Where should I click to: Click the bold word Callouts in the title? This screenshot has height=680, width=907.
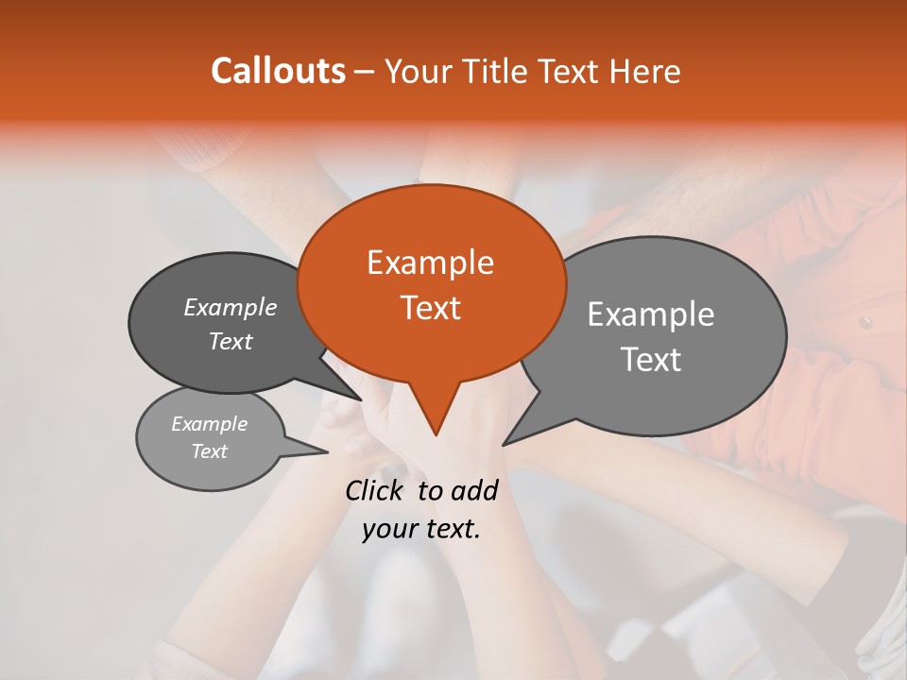278,71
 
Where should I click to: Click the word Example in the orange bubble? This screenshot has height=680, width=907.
430,263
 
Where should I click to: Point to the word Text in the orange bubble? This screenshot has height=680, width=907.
430,308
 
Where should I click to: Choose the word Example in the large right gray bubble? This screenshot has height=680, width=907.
651,314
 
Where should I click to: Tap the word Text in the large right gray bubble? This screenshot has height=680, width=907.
651,360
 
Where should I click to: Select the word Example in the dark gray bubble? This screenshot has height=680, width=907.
231,307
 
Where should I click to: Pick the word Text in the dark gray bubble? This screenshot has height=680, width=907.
231,341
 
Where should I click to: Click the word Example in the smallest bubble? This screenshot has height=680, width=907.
210,424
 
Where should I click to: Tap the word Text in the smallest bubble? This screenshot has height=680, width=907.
210,451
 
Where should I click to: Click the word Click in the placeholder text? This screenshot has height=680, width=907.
377,489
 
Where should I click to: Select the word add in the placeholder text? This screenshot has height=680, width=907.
473,489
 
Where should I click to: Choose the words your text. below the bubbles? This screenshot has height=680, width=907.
421,529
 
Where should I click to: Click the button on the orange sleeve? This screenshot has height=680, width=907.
865,322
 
